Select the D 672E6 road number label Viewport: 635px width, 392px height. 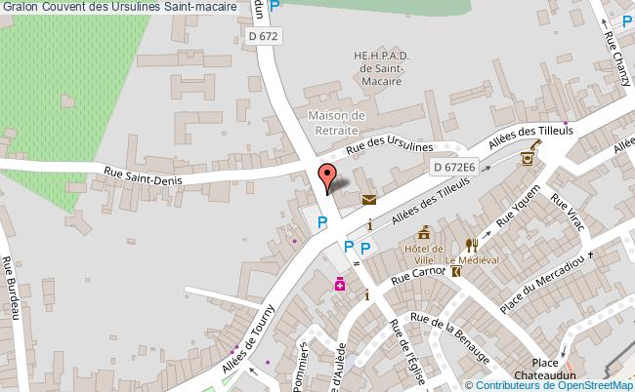click(453, 168)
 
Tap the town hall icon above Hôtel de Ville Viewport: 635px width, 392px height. click(424, 233)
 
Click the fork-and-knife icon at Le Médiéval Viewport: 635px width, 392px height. click(471, 246)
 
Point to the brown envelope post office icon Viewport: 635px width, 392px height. click(369, 200)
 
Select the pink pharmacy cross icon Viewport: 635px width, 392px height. click(340, 285)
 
